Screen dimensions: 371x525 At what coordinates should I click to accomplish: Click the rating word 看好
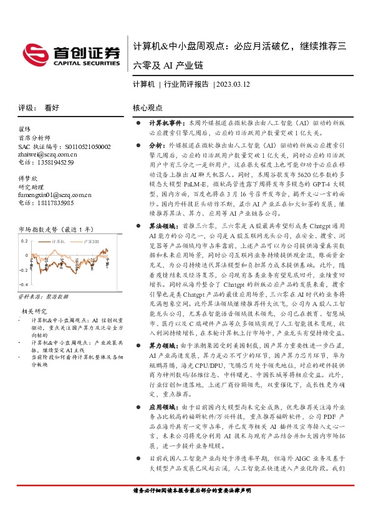52,107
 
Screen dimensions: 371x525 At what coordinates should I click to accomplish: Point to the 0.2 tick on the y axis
24,240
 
